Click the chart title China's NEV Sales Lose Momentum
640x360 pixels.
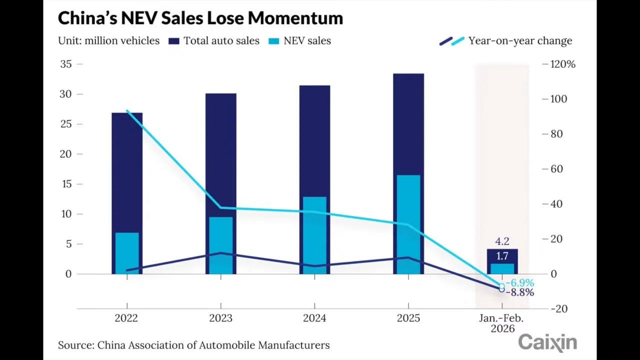[x=200, y=18]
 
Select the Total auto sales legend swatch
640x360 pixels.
[x=173, y=41]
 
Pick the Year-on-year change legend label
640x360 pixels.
[x=519, y=41]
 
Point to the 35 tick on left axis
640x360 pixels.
[x=65, y=64]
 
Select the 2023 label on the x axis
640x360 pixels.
[x=220, y=318]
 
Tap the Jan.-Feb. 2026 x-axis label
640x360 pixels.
[x=502, y=323]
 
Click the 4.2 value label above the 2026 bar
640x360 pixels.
[x=502, y=241]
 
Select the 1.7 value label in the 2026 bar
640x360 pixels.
[x=502, y=256]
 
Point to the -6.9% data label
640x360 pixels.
[x=519, y=283]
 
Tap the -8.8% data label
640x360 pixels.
[x=519, y=292]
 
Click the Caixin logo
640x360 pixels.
[x=547, y=343]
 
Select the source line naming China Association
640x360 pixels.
[x=193, y=345]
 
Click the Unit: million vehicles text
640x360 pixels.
[x=108, y=41]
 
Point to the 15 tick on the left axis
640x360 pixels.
[x=65, y=184]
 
